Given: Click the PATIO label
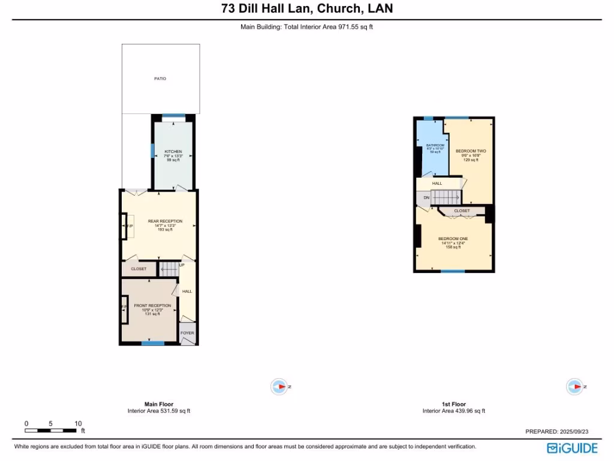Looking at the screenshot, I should [x=159, y=79].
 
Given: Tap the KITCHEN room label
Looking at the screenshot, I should [x=173, y=151].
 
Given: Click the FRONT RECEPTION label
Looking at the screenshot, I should [x=152, y=306].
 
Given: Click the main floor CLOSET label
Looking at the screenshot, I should [x=139, y=269].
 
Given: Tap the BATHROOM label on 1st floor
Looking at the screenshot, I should [x=435, y=145].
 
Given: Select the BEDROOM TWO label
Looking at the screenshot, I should [x=471, y=151].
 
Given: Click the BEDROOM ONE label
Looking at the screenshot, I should [x=455, y=238].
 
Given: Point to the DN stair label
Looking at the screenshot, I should [x=426, y=197].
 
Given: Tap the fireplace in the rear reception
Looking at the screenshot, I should [x=127, y=226].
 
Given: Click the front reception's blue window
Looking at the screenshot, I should [x=152, y=343].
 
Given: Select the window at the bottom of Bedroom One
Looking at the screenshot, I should [x=453, y=271].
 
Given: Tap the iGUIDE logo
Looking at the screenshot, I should [x=572, y=448].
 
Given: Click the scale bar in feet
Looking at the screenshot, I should [x=52, y=430].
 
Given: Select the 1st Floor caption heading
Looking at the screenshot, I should [x=453, y=404].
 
